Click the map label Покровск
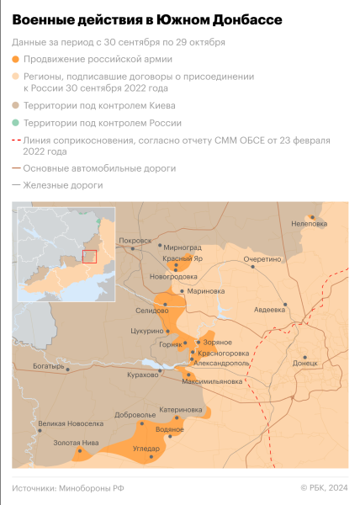pyautogui.click(x=135, y=241)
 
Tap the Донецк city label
pyautogui.click(x=305, y=363)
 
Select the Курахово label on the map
pyautogui.click(x=141, y=375)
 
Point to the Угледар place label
pyautogui.click(x=146, y=449)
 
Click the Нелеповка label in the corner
pyautogui.click(x=307, y=224)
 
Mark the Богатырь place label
pyautogui.click(x=48, y=366)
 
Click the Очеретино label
pyautogui.click(x=262, y=259)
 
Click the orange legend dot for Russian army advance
pyautogui.click(x=16, y=60)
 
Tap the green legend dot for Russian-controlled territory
pyautogui.click(x=16, y=123)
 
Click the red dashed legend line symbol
pyautogui.click(x=16, y=140)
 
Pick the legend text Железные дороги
pyautogui.click(x=64, y=184)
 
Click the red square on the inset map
pyautogui.click(x=89, y=256)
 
